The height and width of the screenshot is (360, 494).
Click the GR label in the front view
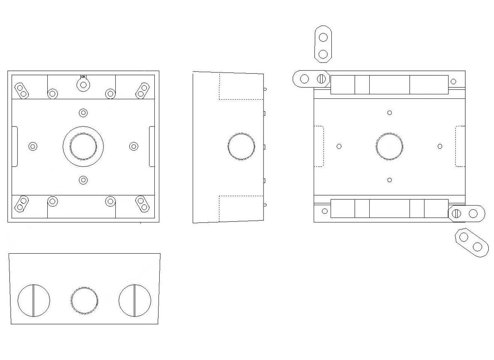click(83, 77)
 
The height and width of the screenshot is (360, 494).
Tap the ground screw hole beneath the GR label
click(83, 85)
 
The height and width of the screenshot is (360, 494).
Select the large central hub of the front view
click(83, 146)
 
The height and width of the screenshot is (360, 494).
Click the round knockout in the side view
click(241, 146)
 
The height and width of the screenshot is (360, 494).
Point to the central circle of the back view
click(389, 146)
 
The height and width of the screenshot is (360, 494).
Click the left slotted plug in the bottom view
click(34, 300)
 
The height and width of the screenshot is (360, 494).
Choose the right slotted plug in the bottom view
click(135, 300)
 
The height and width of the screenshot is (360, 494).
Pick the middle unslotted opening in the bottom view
click(84, 301)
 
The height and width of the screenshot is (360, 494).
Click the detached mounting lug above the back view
click(323, 45)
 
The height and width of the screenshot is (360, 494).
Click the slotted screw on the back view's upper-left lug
click(321, 78)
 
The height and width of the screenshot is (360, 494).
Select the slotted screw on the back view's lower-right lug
click(457, 213)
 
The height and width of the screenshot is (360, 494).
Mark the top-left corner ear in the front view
click(21, 90)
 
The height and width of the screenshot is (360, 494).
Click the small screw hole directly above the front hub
click(84, 112)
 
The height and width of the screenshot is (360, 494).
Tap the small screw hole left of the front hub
click(33, 146)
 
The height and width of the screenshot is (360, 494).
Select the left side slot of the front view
click(14, 146)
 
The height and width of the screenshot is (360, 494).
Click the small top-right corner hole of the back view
click(453, 82)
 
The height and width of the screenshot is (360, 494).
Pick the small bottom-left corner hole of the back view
click(325, 211)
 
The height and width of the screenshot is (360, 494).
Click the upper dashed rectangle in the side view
click(241, 86)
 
